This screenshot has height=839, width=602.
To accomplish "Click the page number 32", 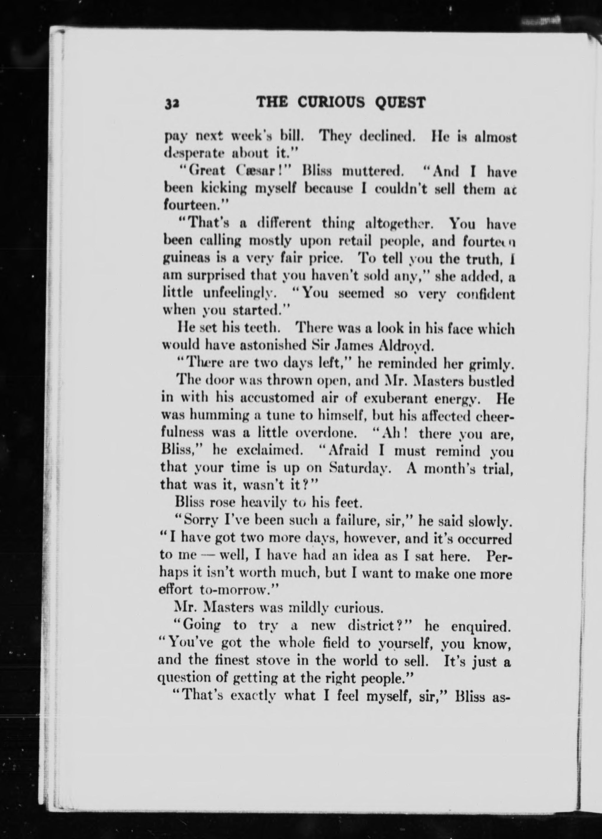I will coord(172,103).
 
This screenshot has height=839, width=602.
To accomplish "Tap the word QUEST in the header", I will coord(400,102).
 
